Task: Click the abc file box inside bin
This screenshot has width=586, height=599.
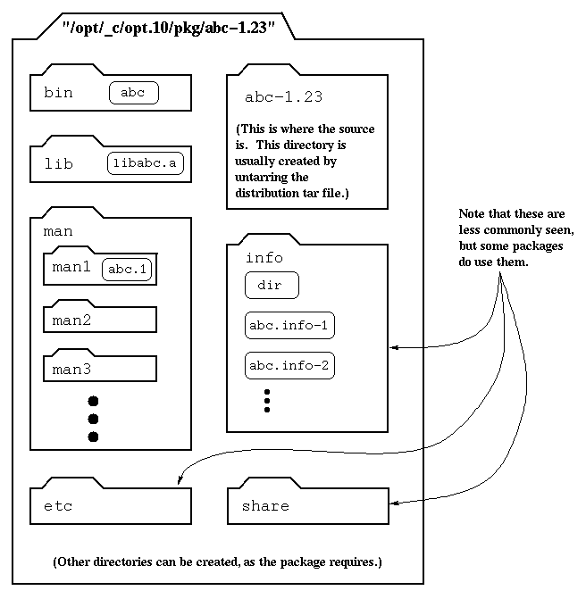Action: [x=133, y=92]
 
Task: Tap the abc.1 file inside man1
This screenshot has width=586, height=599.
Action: [x=128, y=269]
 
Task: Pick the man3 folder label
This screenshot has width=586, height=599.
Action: [x=72, y=368]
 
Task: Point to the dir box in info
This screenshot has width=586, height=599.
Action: [x=271, y=286]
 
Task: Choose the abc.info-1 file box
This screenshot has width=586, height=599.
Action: [x=289, y=325]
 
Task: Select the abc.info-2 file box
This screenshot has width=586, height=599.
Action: [x=289, y=365]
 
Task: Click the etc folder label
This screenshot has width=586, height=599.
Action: [x=58, y=506]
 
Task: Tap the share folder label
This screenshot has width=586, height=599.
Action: [x=265, y=506]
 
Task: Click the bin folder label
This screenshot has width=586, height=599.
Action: [x=59, y=92]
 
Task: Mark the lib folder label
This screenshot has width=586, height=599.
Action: [x=59, y=163]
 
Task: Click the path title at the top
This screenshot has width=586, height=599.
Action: [x=168, y=29]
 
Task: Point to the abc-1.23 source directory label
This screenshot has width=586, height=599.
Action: [x=283, y=97]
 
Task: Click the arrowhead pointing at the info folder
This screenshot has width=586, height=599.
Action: [x=393, y=348]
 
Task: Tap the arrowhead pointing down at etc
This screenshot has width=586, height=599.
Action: [x=180, y=483]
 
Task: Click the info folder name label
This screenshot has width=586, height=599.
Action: [x=264, y=258]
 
